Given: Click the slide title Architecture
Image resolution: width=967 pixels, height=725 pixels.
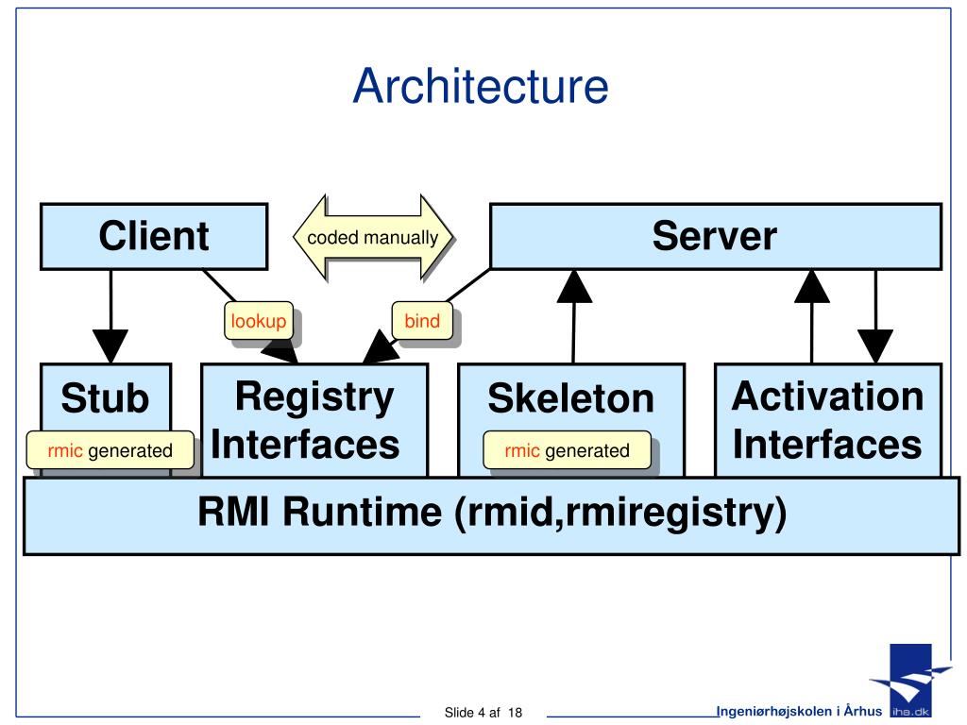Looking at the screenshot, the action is click(x=481, y=86).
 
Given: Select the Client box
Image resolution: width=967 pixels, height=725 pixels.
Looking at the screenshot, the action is click(x=154, y=237).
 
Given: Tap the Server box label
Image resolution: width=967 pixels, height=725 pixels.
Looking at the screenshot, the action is click(x=715, y=236).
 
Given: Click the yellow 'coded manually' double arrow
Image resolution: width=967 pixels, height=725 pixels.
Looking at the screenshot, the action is click(x=373, y=237).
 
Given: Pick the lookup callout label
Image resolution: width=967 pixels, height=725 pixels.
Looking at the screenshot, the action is click(x=259, y=321).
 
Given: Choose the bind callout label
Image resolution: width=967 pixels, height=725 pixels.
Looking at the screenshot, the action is click(x=422, y=321).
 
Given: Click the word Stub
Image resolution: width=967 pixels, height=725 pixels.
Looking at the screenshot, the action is click(x=105, y=398).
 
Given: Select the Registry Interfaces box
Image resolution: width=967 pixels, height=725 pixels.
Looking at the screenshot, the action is click(x=314, y=420).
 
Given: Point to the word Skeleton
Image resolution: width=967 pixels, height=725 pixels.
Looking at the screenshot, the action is click(x=571, y=398).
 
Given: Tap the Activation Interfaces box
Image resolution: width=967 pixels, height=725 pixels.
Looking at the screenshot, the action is click(x=827, y=420).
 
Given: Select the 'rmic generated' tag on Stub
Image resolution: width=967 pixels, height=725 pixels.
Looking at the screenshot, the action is click(x=110, y=450).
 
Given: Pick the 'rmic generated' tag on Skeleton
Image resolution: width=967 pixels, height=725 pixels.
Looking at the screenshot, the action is click(x=567, y=450).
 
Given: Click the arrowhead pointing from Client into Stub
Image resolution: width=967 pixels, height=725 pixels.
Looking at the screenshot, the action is click(x=110, y=346).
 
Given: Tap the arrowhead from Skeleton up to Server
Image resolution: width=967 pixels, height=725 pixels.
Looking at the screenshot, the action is click(x=574, y=286).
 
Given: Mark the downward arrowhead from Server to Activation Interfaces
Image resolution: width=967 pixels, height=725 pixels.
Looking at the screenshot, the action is click(x=875, y=346).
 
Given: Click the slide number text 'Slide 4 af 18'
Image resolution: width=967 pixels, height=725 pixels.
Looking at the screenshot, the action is click(x=483, y=713).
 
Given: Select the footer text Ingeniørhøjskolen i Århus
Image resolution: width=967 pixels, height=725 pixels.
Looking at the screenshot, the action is click(x=799, y=711).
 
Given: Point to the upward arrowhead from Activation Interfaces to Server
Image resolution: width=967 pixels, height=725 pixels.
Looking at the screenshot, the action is click(x=812, y=286).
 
